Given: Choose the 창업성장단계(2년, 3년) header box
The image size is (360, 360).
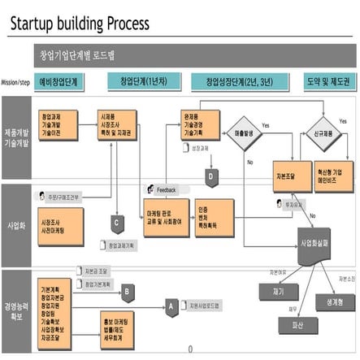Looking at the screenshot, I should (242, 82).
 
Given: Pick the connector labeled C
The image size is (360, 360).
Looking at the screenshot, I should (117, 221).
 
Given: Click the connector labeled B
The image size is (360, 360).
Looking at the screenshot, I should (127, 291).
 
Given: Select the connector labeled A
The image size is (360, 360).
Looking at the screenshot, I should (171, 307).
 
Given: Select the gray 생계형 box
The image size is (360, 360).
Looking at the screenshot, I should (332, 301).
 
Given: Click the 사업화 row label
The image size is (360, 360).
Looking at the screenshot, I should (15, 220).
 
